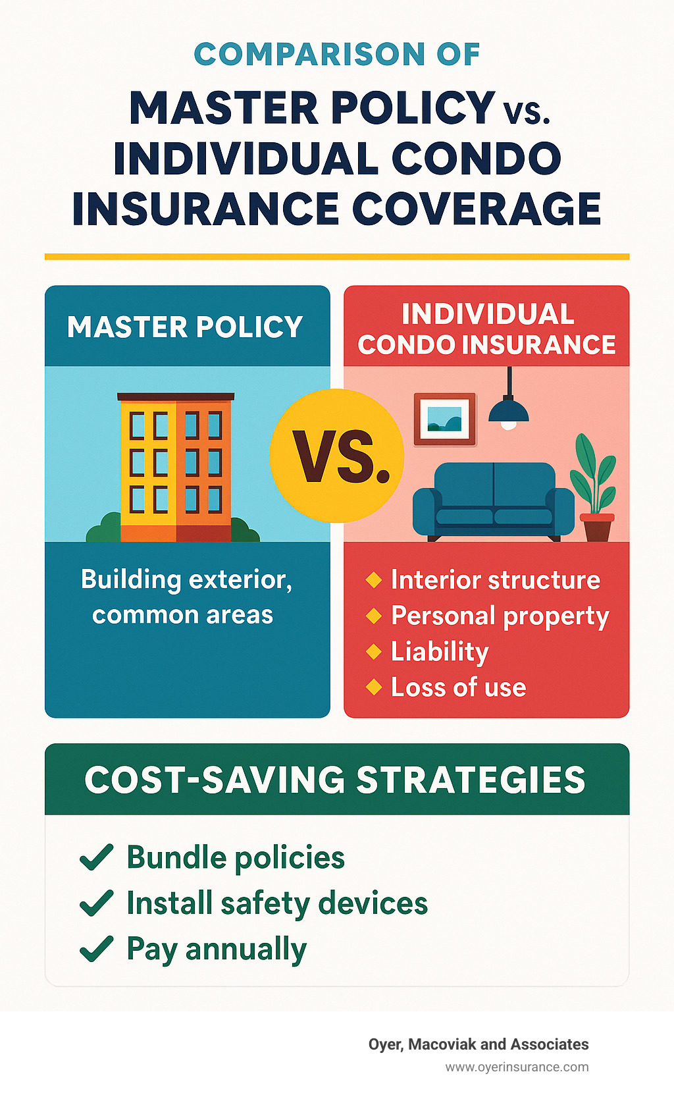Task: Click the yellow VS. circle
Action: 336,456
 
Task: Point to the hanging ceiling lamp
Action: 509,408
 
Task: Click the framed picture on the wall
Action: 445,419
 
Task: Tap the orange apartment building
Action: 176,468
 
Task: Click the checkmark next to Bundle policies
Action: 96,857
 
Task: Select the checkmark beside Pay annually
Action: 96,949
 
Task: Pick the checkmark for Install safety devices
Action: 96,903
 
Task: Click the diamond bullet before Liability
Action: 373,651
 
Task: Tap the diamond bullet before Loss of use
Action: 373,687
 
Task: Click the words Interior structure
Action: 495,580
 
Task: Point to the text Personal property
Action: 500,616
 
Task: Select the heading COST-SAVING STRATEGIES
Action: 335,780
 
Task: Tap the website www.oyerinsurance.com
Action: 517,1067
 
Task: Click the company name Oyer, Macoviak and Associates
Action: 479,1044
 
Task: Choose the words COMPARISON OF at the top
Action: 337,54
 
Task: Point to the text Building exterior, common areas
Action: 186,597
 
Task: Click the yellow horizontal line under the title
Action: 337,257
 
